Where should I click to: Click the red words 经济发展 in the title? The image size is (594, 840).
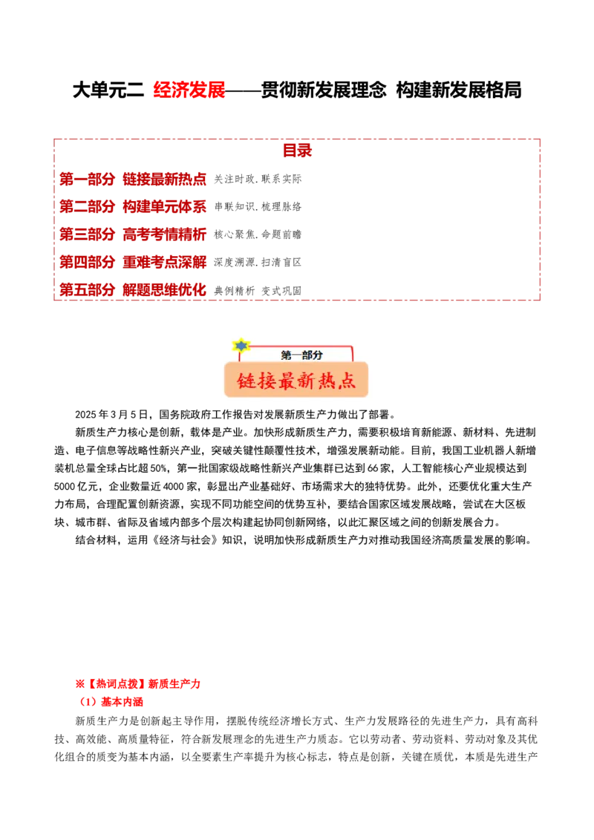(x=189, y=90)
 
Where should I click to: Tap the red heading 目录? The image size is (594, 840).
(x=298, y=151)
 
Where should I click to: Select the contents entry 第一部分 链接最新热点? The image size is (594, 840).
(x=132, y=179)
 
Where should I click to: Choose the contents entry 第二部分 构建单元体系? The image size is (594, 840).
(x=132, y=206)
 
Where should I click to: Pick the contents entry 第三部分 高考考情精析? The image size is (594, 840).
(x=132, y=234)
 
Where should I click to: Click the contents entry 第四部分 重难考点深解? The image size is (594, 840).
(x=132, y=262)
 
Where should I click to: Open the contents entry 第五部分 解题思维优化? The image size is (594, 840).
(x=132, y=290)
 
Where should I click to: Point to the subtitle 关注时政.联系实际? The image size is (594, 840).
(x=258, y=179)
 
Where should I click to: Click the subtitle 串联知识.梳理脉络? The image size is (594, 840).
(x=258, y=207)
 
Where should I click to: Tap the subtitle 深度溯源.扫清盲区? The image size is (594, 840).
(x=258, y=262)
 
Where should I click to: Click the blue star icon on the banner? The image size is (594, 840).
(x=241, y=346)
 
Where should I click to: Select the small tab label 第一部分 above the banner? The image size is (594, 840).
(x=301, y=355)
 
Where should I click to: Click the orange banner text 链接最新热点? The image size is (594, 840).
(x=296, y=381)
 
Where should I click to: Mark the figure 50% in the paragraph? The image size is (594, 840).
(x=159, y=468)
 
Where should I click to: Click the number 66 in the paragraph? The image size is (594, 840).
(x=373, y=468)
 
